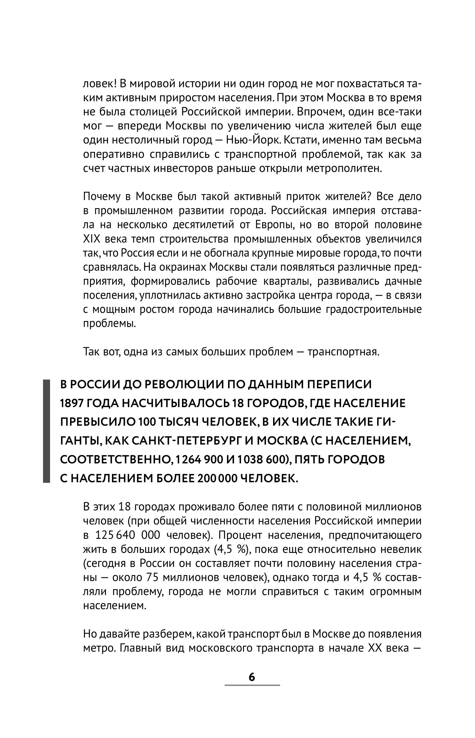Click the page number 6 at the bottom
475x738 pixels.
252,677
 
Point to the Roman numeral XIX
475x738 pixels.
91,239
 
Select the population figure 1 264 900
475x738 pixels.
197,460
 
